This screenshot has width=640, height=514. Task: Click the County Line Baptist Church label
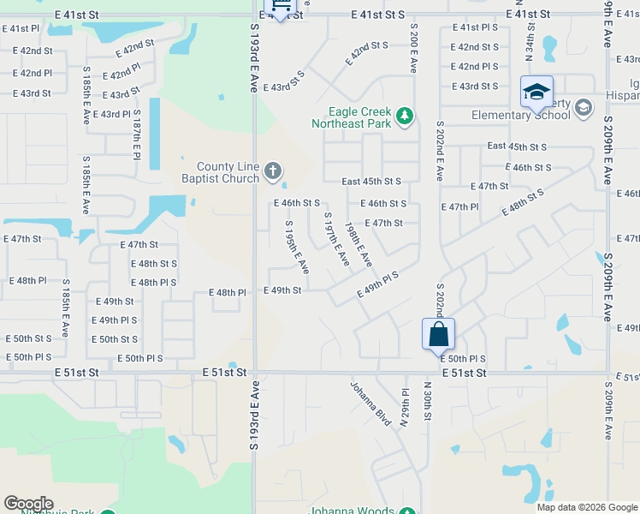click(x=227, y=172)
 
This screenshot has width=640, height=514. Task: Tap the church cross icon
click(x=272, y=172)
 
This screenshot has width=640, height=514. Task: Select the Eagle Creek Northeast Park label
click(x=360, y=117)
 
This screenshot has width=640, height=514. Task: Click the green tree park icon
click(x=405, y=117)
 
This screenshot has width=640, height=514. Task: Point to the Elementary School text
click(x=519, y=116)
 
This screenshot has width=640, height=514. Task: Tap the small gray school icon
click(x=584, y=107)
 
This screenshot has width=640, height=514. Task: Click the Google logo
click(x=28, y=504)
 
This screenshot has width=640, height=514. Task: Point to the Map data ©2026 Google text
click(x=587, y=507)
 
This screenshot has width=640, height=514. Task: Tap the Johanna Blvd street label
click(x=370, y=403)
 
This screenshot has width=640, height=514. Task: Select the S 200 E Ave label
click(x=413, y=46)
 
